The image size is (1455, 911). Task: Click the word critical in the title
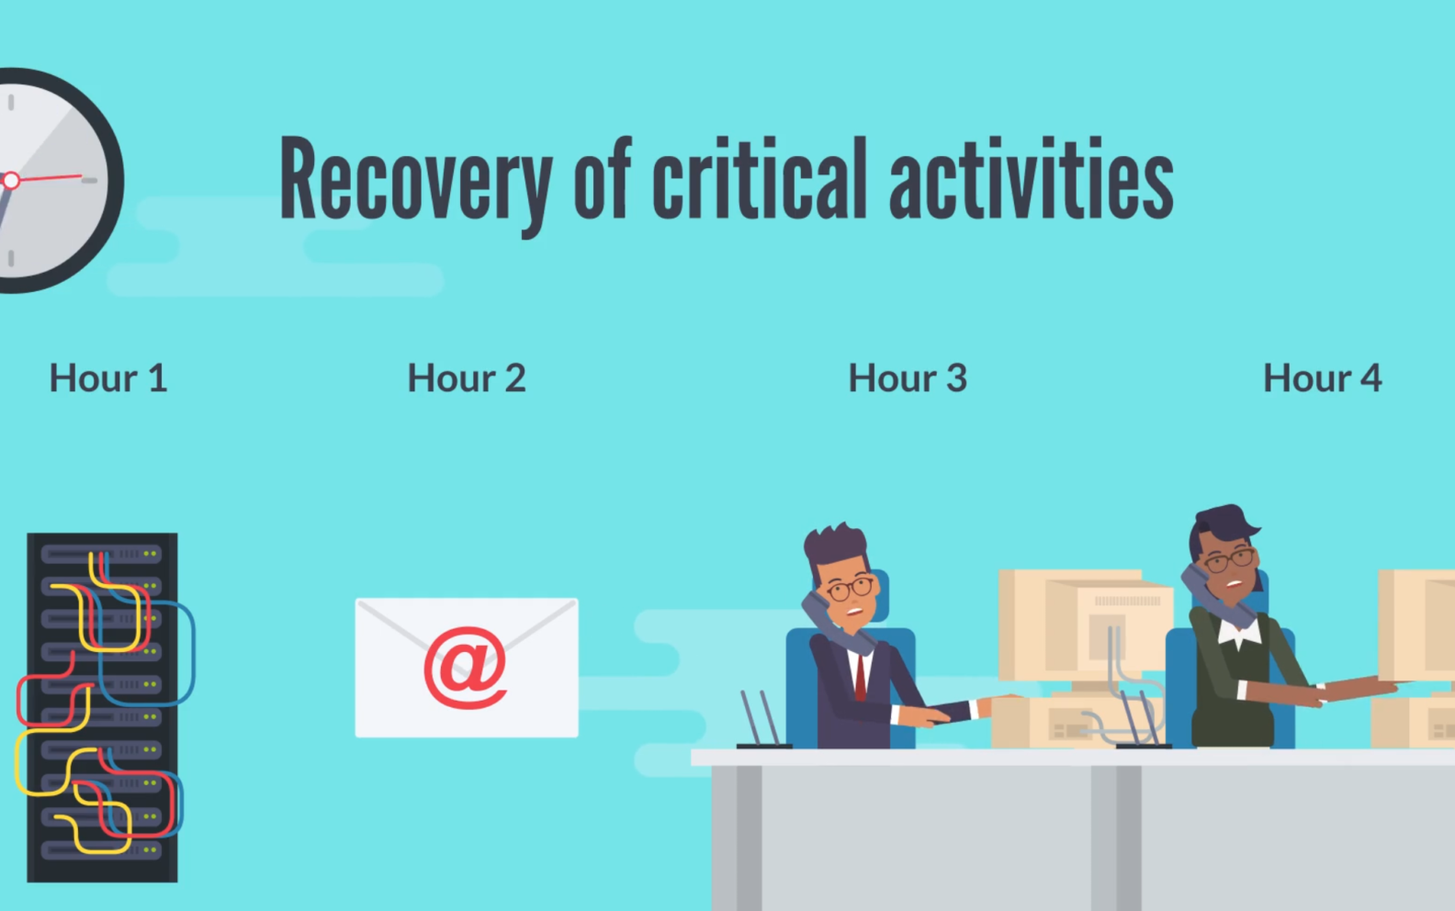tap(760, 180)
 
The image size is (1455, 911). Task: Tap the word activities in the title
tap(1031, 180)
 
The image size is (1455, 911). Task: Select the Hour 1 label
tap(108, 378)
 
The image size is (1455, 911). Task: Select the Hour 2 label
tap(467, 378)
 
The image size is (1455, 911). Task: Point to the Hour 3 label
tap(908, 378)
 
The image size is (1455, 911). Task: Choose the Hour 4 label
tap(1322, 378)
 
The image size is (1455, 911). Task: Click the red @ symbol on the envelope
tap(465, 668)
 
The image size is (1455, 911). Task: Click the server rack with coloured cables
tap(101, 707)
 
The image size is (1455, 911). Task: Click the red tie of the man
tap(861, 678)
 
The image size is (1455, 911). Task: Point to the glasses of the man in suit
tap(850, 588)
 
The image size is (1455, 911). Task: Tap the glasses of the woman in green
tap(1229, 559)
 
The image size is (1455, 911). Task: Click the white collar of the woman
tap(1238, 634)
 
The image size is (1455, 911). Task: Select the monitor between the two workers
tap(1084, 624)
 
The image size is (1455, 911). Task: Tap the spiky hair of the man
tap(834, 542)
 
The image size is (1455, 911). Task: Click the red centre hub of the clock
tap(11, 181)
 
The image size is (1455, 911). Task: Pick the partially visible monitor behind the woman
tap(1419, 624)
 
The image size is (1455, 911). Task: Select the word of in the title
tap(602, 180)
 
